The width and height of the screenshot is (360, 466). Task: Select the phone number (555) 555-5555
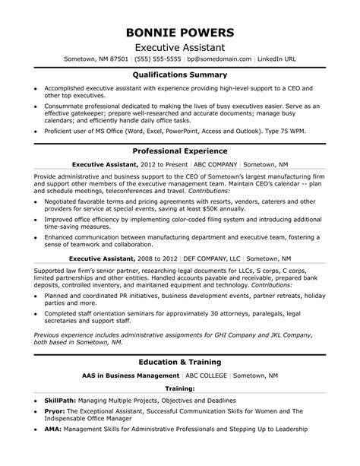point(157,58)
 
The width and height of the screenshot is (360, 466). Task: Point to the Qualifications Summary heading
point(179,75)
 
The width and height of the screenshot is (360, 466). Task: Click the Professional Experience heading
point(179,152)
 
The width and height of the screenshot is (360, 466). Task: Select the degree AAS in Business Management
point(131,376)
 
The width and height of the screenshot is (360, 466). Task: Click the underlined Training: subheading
point(179,388)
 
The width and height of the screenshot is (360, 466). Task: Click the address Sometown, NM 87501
point(98,58)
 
